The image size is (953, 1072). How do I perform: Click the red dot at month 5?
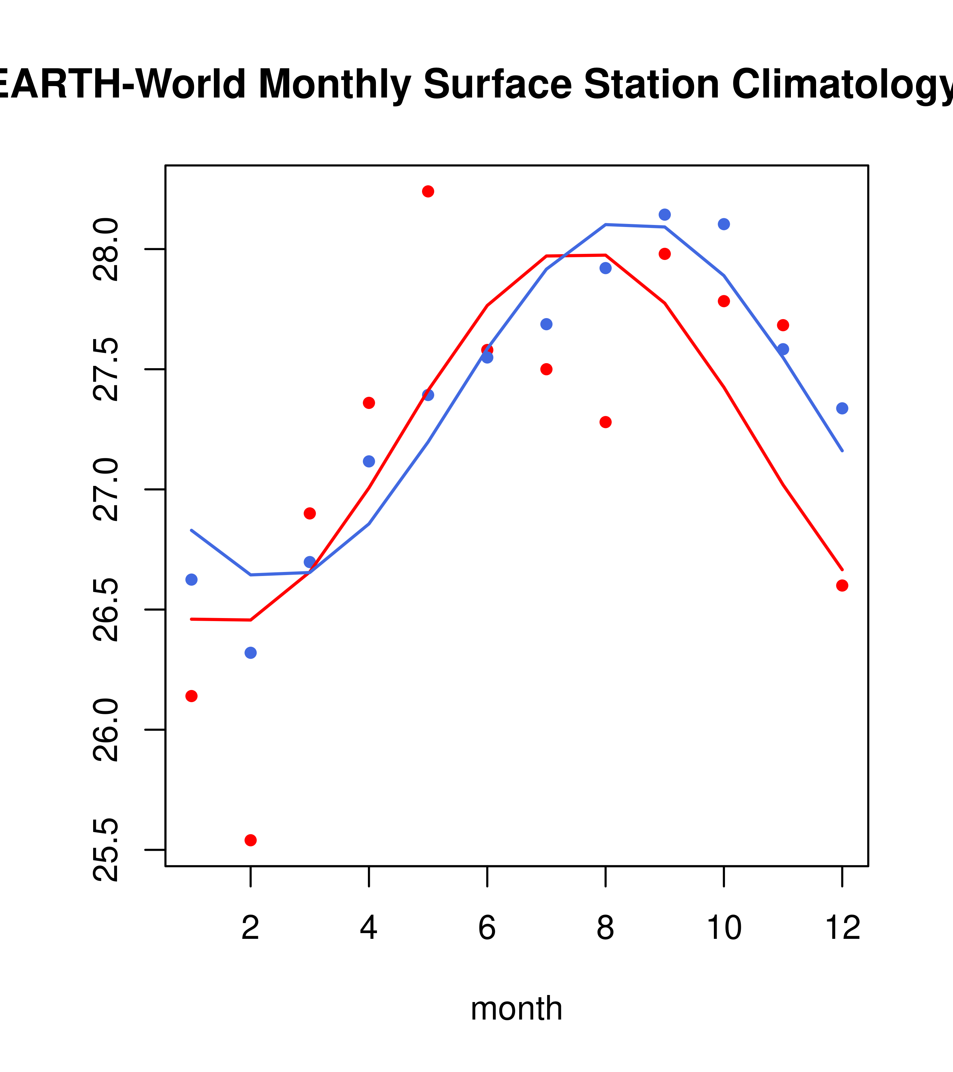428,191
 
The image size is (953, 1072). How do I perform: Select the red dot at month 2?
251,840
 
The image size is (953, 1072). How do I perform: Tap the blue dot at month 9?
664,215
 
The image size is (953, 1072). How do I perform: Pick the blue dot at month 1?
191,579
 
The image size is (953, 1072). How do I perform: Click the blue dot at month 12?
842,408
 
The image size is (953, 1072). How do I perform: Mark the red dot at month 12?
842,585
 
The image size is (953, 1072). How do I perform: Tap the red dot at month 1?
191,696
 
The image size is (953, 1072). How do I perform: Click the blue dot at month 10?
724,224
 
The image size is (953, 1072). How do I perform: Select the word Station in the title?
651,84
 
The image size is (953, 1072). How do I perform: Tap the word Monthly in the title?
334,84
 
